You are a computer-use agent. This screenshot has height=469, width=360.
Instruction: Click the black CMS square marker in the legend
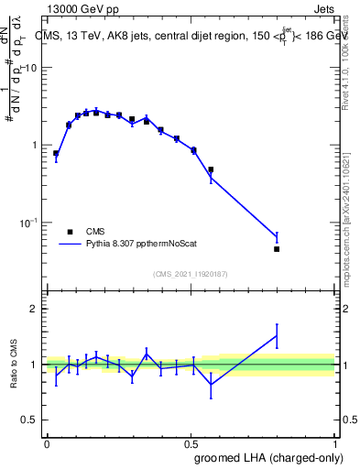[70, 232]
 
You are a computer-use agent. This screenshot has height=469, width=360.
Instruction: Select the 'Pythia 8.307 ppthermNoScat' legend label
[136, 245]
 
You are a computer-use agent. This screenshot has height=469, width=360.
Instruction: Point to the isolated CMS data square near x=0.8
[277, 248]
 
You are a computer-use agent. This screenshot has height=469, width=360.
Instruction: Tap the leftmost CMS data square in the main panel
[56, 153]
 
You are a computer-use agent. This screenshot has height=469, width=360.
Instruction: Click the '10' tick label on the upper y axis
[31, 68]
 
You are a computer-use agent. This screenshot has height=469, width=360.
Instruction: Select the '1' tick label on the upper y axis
[34, 145]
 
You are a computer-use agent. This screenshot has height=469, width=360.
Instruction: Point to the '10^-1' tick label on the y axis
[28, 223]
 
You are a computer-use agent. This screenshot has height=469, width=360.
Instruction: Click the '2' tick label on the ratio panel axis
[34, 309]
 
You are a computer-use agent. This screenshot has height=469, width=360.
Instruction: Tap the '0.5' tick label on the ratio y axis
[29, 420]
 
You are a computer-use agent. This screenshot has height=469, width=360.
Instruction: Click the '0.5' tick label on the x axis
[191, 442]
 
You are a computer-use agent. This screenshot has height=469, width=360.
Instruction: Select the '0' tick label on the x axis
[47, 442]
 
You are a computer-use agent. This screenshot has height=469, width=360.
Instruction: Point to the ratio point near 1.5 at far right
[277, 335]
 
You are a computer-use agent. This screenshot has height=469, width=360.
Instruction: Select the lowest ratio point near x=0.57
[211, 384]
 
